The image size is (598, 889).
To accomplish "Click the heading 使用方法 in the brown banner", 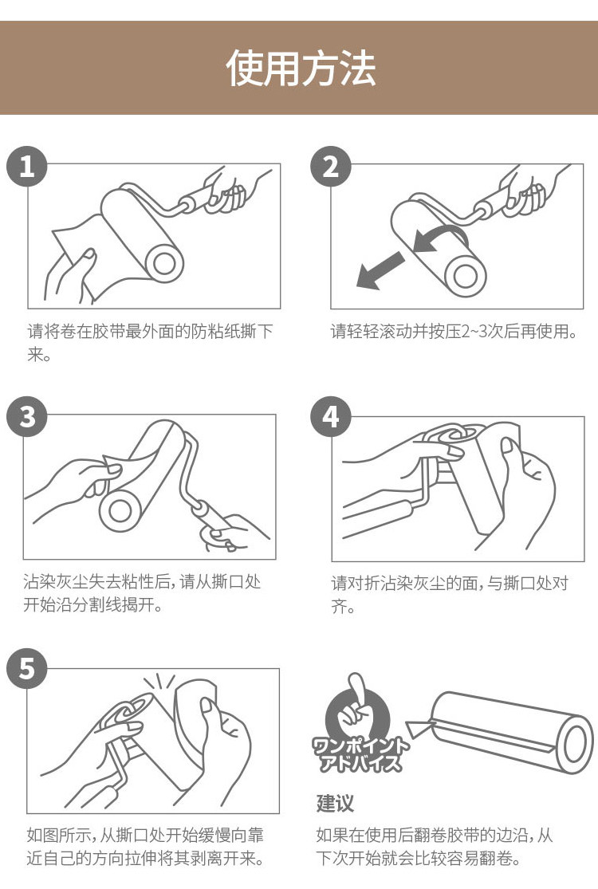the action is [x=301, y=68].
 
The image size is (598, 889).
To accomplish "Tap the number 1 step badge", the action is [x=26, y=166].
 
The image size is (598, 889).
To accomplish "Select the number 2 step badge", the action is [x=330, y=166].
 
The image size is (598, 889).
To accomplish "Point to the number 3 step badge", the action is [x=26, y=417].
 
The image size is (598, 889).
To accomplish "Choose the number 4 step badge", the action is [x=330, y=417].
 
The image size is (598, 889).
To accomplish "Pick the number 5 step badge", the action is [x=26, y=668].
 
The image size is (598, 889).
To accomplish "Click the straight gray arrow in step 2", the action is [x=380, y=270].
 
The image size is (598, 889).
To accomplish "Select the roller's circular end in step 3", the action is [x=120, y=510].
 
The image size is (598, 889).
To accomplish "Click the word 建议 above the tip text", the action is [x=334, y=803].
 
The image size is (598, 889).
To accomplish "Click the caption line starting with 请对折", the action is [x=450, y=583].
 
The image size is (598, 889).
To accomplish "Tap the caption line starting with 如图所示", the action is [x=145, y=835].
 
